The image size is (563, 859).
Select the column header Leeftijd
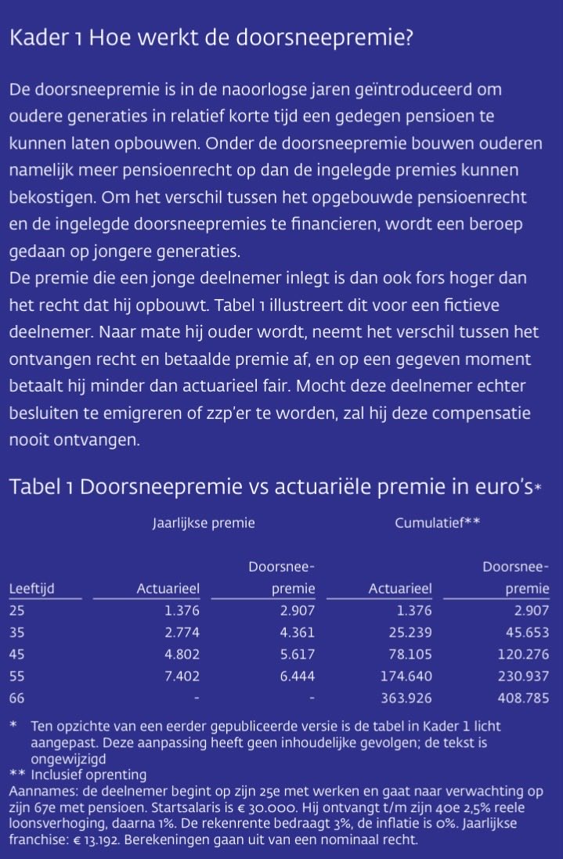pos(32,589)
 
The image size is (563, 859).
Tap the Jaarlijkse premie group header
pos(203,523)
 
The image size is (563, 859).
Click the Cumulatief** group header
pos(437,523)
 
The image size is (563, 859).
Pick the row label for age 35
pos(17,632)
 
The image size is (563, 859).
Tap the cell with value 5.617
pos(298,654)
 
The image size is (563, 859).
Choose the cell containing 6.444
pos(298,676)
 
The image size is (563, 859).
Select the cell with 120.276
pos(522,654)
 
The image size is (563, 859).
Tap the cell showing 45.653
pos(525,632)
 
